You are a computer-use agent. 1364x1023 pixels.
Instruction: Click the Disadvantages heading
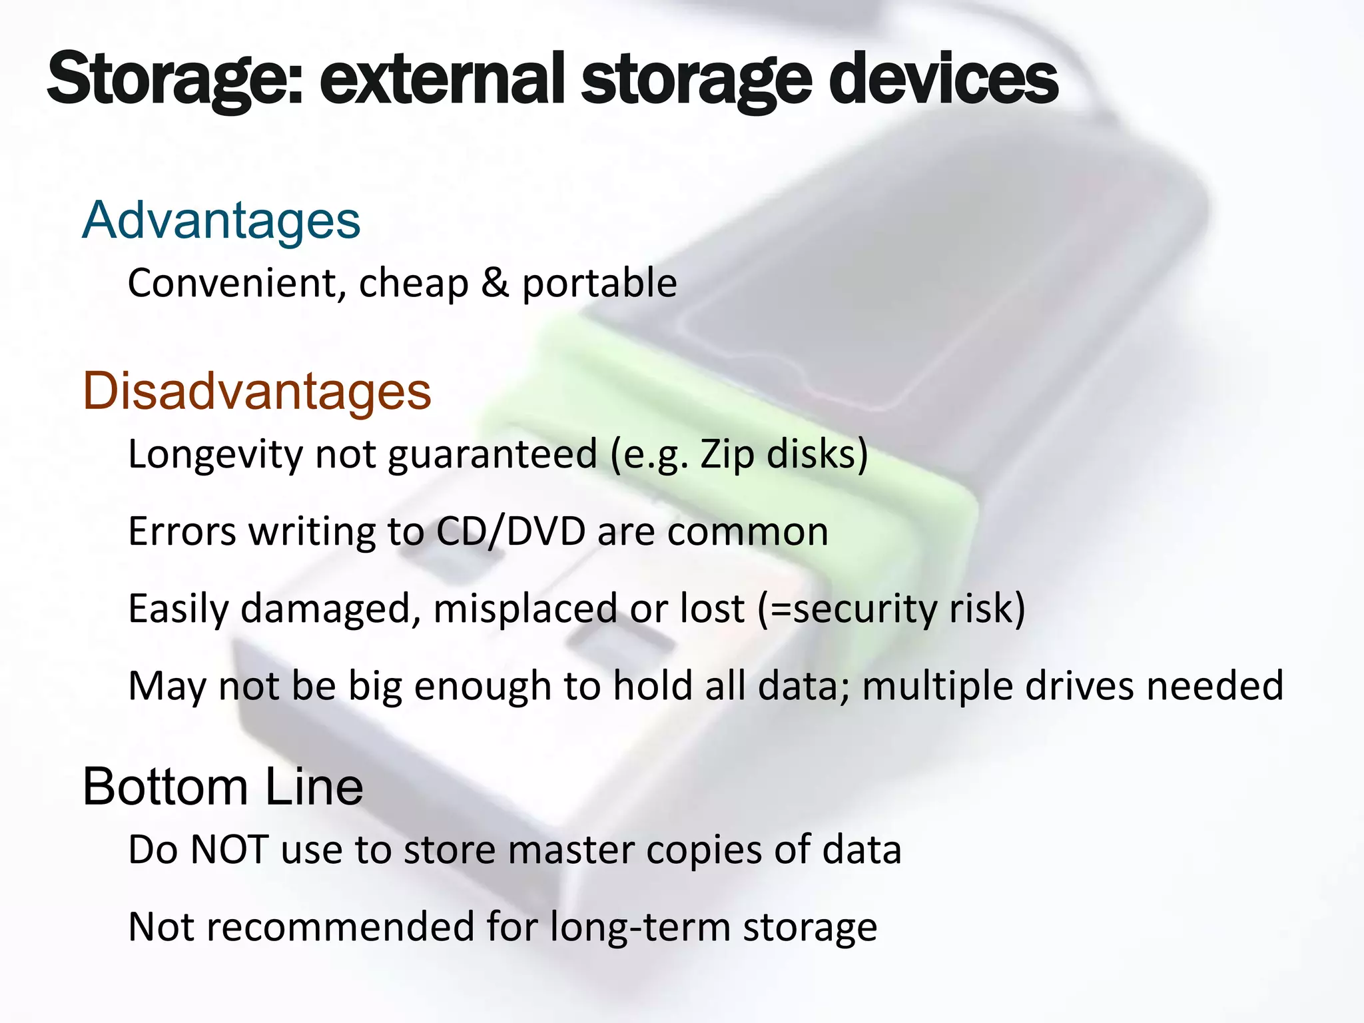click(x=257, y=391)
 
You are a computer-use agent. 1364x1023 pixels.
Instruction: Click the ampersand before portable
click(x=495, y=282)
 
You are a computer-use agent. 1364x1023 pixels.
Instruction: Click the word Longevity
click(x=215, y=455)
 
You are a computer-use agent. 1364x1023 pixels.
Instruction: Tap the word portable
click(x=599, y=284)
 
